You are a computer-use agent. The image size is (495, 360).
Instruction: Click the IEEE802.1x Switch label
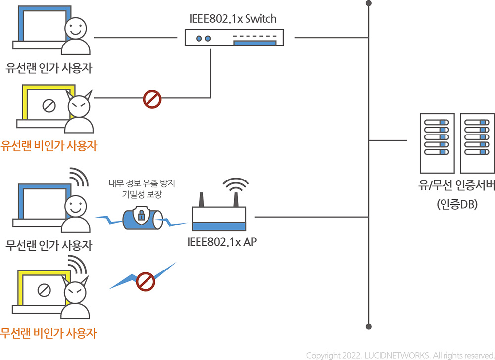click(x=233, y=19)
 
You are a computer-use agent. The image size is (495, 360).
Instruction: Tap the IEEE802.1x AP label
click(x=223, y=242)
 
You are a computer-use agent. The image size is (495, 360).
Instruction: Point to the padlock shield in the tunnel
click(x=141, y=214)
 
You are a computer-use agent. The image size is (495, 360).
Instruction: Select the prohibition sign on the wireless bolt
click(x=146, y=281)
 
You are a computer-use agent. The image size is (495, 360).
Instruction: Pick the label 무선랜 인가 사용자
click(x=49, y=245)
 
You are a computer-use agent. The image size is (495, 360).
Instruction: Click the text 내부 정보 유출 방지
click(x=142, y=183)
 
